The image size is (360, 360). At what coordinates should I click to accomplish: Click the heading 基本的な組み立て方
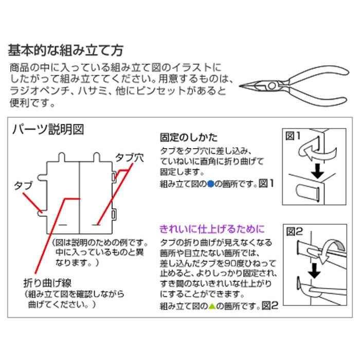(x=65, y=50)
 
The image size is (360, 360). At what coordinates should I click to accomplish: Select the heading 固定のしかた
(x=189, y=137)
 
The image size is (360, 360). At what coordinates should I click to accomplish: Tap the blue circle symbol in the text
(x=210, y=183)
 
